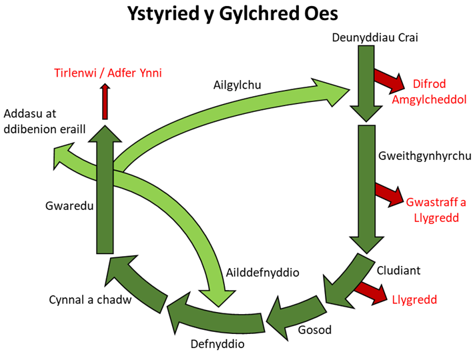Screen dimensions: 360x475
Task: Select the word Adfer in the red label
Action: [x=121, y=73]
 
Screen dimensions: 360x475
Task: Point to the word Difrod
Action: [x=430, y=85]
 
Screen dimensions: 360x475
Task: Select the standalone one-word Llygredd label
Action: [x=414, y=300]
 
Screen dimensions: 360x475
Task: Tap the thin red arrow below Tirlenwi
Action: [x=105, y=101]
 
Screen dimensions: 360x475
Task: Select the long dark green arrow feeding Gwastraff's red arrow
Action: [x=366, y=187]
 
